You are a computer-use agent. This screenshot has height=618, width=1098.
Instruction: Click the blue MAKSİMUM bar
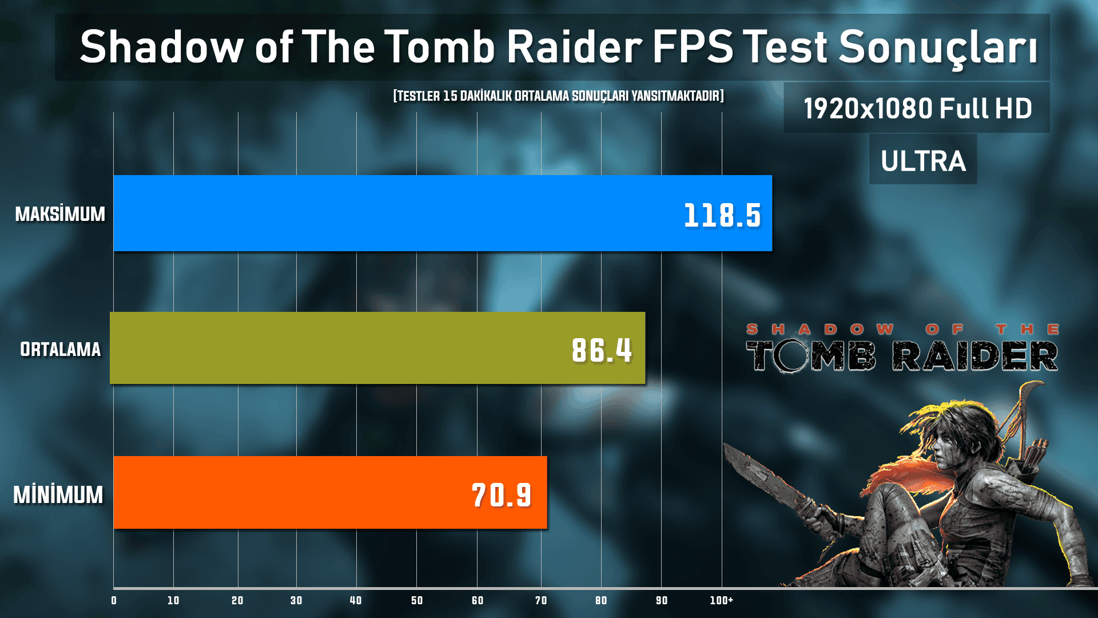(x=400, y=213)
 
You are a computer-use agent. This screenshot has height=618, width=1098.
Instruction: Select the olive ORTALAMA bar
(x=343, y=348)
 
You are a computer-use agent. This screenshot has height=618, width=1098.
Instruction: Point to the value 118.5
(x=722, y=216)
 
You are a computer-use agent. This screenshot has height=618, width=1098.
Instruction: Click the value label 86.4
(x=602, y=350)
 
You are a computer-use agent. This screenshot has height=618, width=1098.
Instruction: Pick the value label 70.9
(x=502, y=495)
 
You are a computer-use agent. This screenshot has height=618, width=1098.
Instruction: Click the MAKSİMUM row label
(x=60, y=214)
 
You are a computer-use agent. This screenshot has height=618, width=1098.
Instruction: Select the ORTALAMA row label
(x=60, y=349)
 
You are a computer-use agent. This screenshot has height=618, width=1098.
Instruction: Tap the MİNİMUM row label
(x=58, y=495)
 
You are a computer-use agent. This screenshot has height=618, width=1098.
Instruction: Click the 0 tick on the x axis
(x=114, y=600)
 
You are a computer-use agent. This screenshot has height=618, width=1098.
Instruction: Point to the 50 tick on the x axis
(x=417, y=600)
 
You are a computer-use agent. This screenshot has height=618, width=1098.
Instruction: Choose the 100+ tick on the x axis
(x=721, y=600)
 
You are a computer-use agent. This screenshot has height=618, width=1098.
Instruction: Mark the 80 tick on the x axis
(x=601, y=600)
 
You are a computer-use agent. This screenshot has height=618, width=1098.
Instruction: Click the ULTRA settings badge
(x=923, y=161)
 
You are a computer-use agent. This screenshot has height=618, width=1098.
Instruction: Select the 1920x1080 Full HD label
(x=917, y=108)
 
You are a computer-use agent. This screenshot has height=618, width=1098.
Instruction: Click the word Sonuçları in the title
(x=938, y=47)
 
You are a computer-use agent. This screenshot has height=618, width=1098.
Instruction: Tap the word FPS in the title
(x=692, y=47)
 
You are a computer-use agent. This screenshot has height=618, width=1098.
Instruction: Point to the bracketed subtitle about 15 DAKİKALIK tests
(x=558, y=96)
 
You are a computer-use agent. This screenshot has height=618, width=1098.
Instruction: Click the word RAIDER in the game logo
(x=975, y=356)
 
